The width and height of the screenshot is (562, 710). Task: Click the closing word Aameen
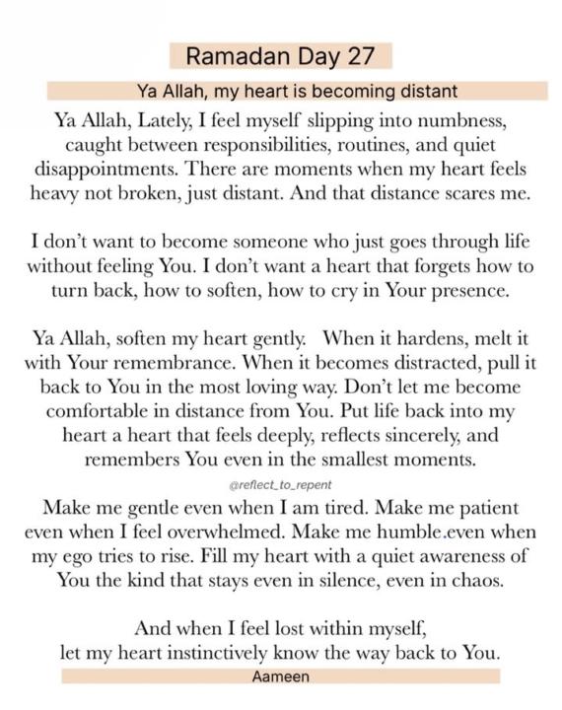pyautogui.click(x=280, y=675)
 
